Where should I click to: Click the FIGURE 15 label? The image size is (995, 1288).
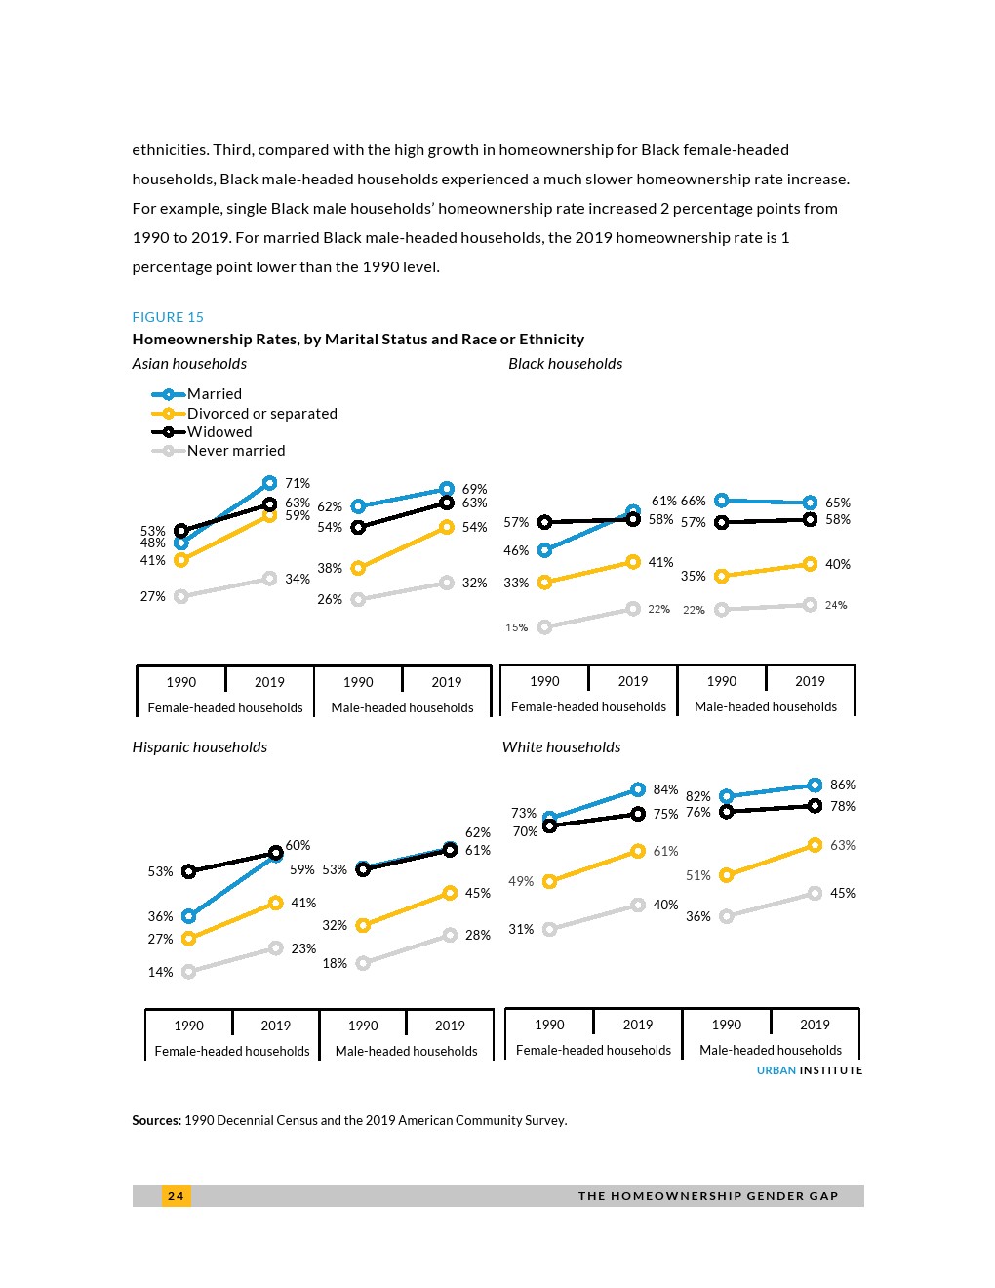[x=168, y=317]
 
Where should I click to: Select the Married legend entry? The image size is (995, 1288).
[x=214, y=394]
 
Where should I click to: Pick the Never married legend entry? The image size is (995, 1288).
[x=235, y=451]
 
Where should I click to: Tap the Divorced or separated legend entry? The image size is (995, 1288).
[x=261, y=414]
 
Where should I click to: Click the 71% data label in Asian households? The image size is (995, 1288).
[x=298, y=484]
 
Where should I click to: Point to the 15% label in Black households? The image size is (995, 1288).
[x=516, y=628]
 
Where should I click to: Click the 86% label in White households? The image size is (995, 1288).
[x=843, y=785]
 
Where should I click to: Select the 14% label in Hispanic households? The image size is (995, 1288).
[x=160, y=973]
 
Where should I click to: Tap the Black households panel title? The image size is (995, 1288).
[x=565, y=364]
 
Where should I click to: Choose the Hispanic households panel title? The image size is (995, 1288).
[x=199, y=747]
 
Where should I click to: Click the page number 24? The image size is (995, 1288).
[x=176, y=1196]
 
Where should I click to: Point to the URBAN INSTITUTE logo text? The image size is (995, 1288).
[x=810, y=1071]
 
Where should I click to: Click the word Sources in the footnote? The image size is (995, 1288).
[x=156, y=1121]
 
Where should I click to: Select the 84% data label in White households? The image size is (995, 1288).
[x=665, y=790]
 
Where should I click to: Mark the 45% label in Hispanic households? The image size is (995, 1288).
[x=478, y=894]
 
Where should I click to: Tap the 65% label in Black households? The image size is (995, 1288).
[x=838, y=503]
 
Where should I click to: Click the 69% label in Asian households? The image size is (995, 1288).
[x=474, y=489]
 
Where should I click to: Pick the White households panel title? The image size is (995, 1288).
[x=561, y=747]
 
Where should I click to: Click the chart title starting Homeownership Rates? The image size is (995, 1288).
[x=358, y=340]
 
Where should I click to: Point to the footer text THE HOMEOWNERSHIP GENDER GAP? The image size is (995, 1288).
[x=708, y=1196]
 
